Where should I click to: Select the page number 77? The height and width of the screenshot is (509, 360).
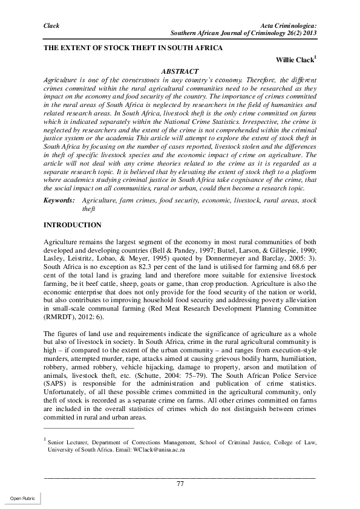pyautogui.click(x=180, y=483)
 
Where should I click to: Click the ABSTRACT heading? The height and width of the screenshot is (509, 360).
pyautogui.click(x=180, y=71)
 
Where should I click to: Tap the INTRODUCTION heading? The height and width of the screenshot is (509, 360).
pyautogui.click(x=73, y=225)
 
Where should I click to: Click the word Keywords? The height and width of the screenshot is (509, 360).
pyautogui.click(x=59, y=199)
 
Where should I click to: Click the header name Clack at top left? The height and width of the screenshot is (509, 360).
pyautogui.click(x=53, y=25)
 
